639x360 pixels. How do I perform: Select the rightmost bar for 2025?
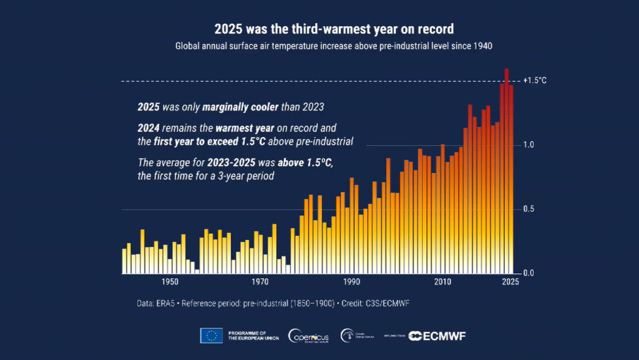(x=511, y=181)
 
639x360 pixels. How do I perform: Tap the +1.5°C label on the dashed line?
(x=534, y=81)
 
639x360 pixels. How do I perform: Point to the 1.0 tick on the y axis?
(x=527, y=145)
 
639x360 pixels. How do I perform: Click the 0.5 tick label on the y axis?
(x=527, y=209)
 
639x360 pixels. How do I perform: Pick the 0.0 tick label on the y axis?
(x=527, y=273)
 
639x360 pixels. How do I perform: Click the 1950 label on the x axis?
(x=169, y=282)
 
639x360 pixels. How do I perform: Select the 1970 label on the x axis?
(x=260, y=282)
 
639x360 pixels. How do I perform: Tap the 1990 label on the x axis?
(x=351, y=282)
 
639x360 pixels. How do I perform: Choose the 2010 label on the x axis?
(x=442, y=282)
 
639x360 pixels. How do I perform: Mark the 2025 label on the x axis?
(x=510, y=282)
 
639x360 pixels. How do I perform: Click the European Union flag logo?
(x=211, y=336)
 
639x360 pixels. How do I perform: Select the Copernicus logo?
(x=308, y=336)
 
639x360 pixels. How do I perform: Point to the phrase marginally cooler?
(x=240, y=106)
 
